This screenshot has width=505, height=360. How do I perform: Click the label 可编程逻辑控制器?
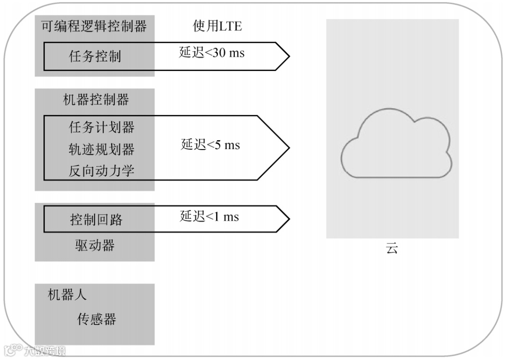coord(94,26)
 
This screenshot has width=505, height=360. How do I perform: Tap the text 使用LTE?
coord(217,26)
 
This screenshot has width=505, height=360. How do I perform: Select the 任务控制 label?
coord(95,57)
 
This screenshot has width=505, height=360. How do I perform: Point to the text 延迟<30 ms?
coord(212,52)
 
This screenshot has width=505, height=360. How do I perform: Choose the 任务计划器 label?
coord(101,127)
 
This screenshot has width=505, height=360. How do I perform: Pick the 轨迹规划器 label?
coord(101,150)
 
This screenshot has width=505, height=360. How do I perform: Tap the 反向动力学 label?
coord(101,171)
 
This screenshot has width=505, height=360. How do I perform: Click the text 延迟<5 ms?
coord(210,145)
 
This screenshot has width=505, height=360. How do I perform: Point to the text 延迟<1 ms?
coord(209,216)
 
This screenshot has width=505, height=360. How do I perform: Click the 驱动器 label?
coord(95,245)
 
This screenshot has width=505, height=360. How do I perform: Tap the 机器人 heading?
coord(67,295)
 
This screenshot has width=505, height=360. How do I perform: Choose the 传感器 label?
coord(96,319)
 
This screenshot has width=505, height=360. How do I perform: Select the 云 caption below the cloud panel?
coord(392,248)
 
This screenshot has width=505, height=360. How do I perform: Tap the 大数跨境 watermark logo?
coord(35,350)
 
